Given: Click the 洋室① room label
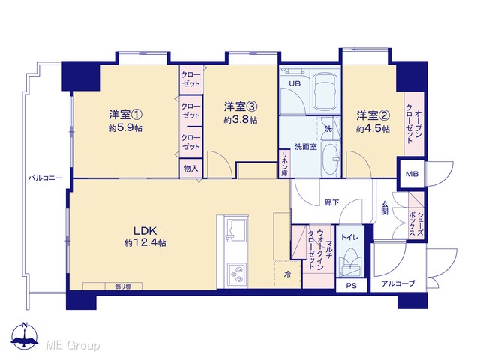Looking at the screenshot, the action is [x=125, y=115].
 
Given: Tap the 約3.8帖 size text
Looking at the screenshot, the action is [x=241, y=120].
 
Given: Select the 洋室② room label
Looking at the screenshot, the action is [x=373, y=115].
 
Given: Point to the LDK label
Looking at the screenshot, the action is [x=145, y=230].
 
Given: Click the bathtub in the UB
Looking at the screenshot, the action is [x=325, y=91].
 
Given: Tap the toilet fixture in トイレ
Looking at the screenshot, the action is [x=350, y=260].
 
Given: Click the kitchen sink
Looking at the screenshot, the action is [x=236, y=229].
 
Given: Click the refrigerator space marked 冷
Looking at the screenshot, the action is [x=288, y=274].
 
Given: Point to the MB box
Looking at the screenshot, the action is [x=412, y=174].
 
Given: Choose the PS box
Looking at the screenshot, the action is [x=352, y=286].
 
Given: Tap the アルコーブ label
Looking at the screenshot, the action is [x=398, y=283].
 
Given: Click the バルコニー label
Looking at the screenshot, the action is [x=46, y=178].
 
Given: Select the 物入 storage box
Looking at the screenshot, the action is [x=190, y=168].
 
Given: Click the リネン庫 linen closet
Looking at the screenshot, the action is [x=284, y=163].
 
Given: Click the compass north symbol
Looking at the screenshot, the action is [x=25, y=335].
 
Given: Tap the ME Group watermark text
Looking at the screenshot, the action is [x=73, y=345].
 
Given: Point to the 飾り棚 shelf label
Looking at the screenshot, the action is [x=123, y=286].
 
